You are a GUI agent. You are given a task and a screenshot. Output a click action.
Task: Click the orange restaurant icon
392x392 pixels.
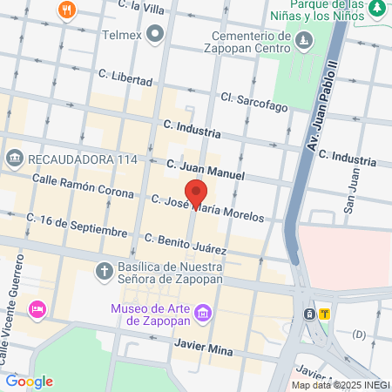point(67,10)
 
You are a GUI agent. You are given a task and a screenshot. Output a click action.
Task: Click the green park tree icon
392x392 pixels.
point(377,9)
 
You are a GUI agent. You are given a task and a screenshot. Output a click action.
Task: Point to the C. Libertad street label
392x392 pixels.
point(125,77)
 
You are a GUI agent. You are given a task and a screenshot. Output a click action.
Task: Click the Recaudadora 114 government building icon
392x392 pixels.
point(15,159)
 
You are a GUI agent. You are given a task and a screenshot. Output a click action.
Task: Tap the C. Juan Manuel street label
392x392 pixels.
point(206,171)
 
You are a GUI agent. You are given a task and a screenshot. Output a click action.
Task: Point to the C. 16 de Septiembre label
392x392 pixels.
point(77,225)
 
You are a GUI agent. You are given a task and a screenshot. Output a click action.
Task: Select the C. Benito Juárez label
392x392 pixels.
point(186,243)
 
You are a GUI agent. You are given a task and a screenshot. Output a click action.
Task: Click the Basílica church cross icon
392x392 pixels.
point(103,269)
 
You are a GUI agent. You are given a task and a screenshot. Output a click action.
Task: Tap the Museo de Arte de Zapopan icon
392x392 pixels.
point(203,312)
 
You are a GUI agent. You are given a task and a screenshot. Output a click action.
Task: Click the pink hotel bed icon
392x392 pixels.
point(37,308)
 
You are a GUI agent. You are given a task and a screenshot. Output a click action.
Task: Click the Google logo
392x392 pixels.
point(29,381)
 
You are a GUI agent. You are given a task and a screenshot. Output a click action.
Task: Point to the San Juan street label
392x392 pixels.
point(351,198)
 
